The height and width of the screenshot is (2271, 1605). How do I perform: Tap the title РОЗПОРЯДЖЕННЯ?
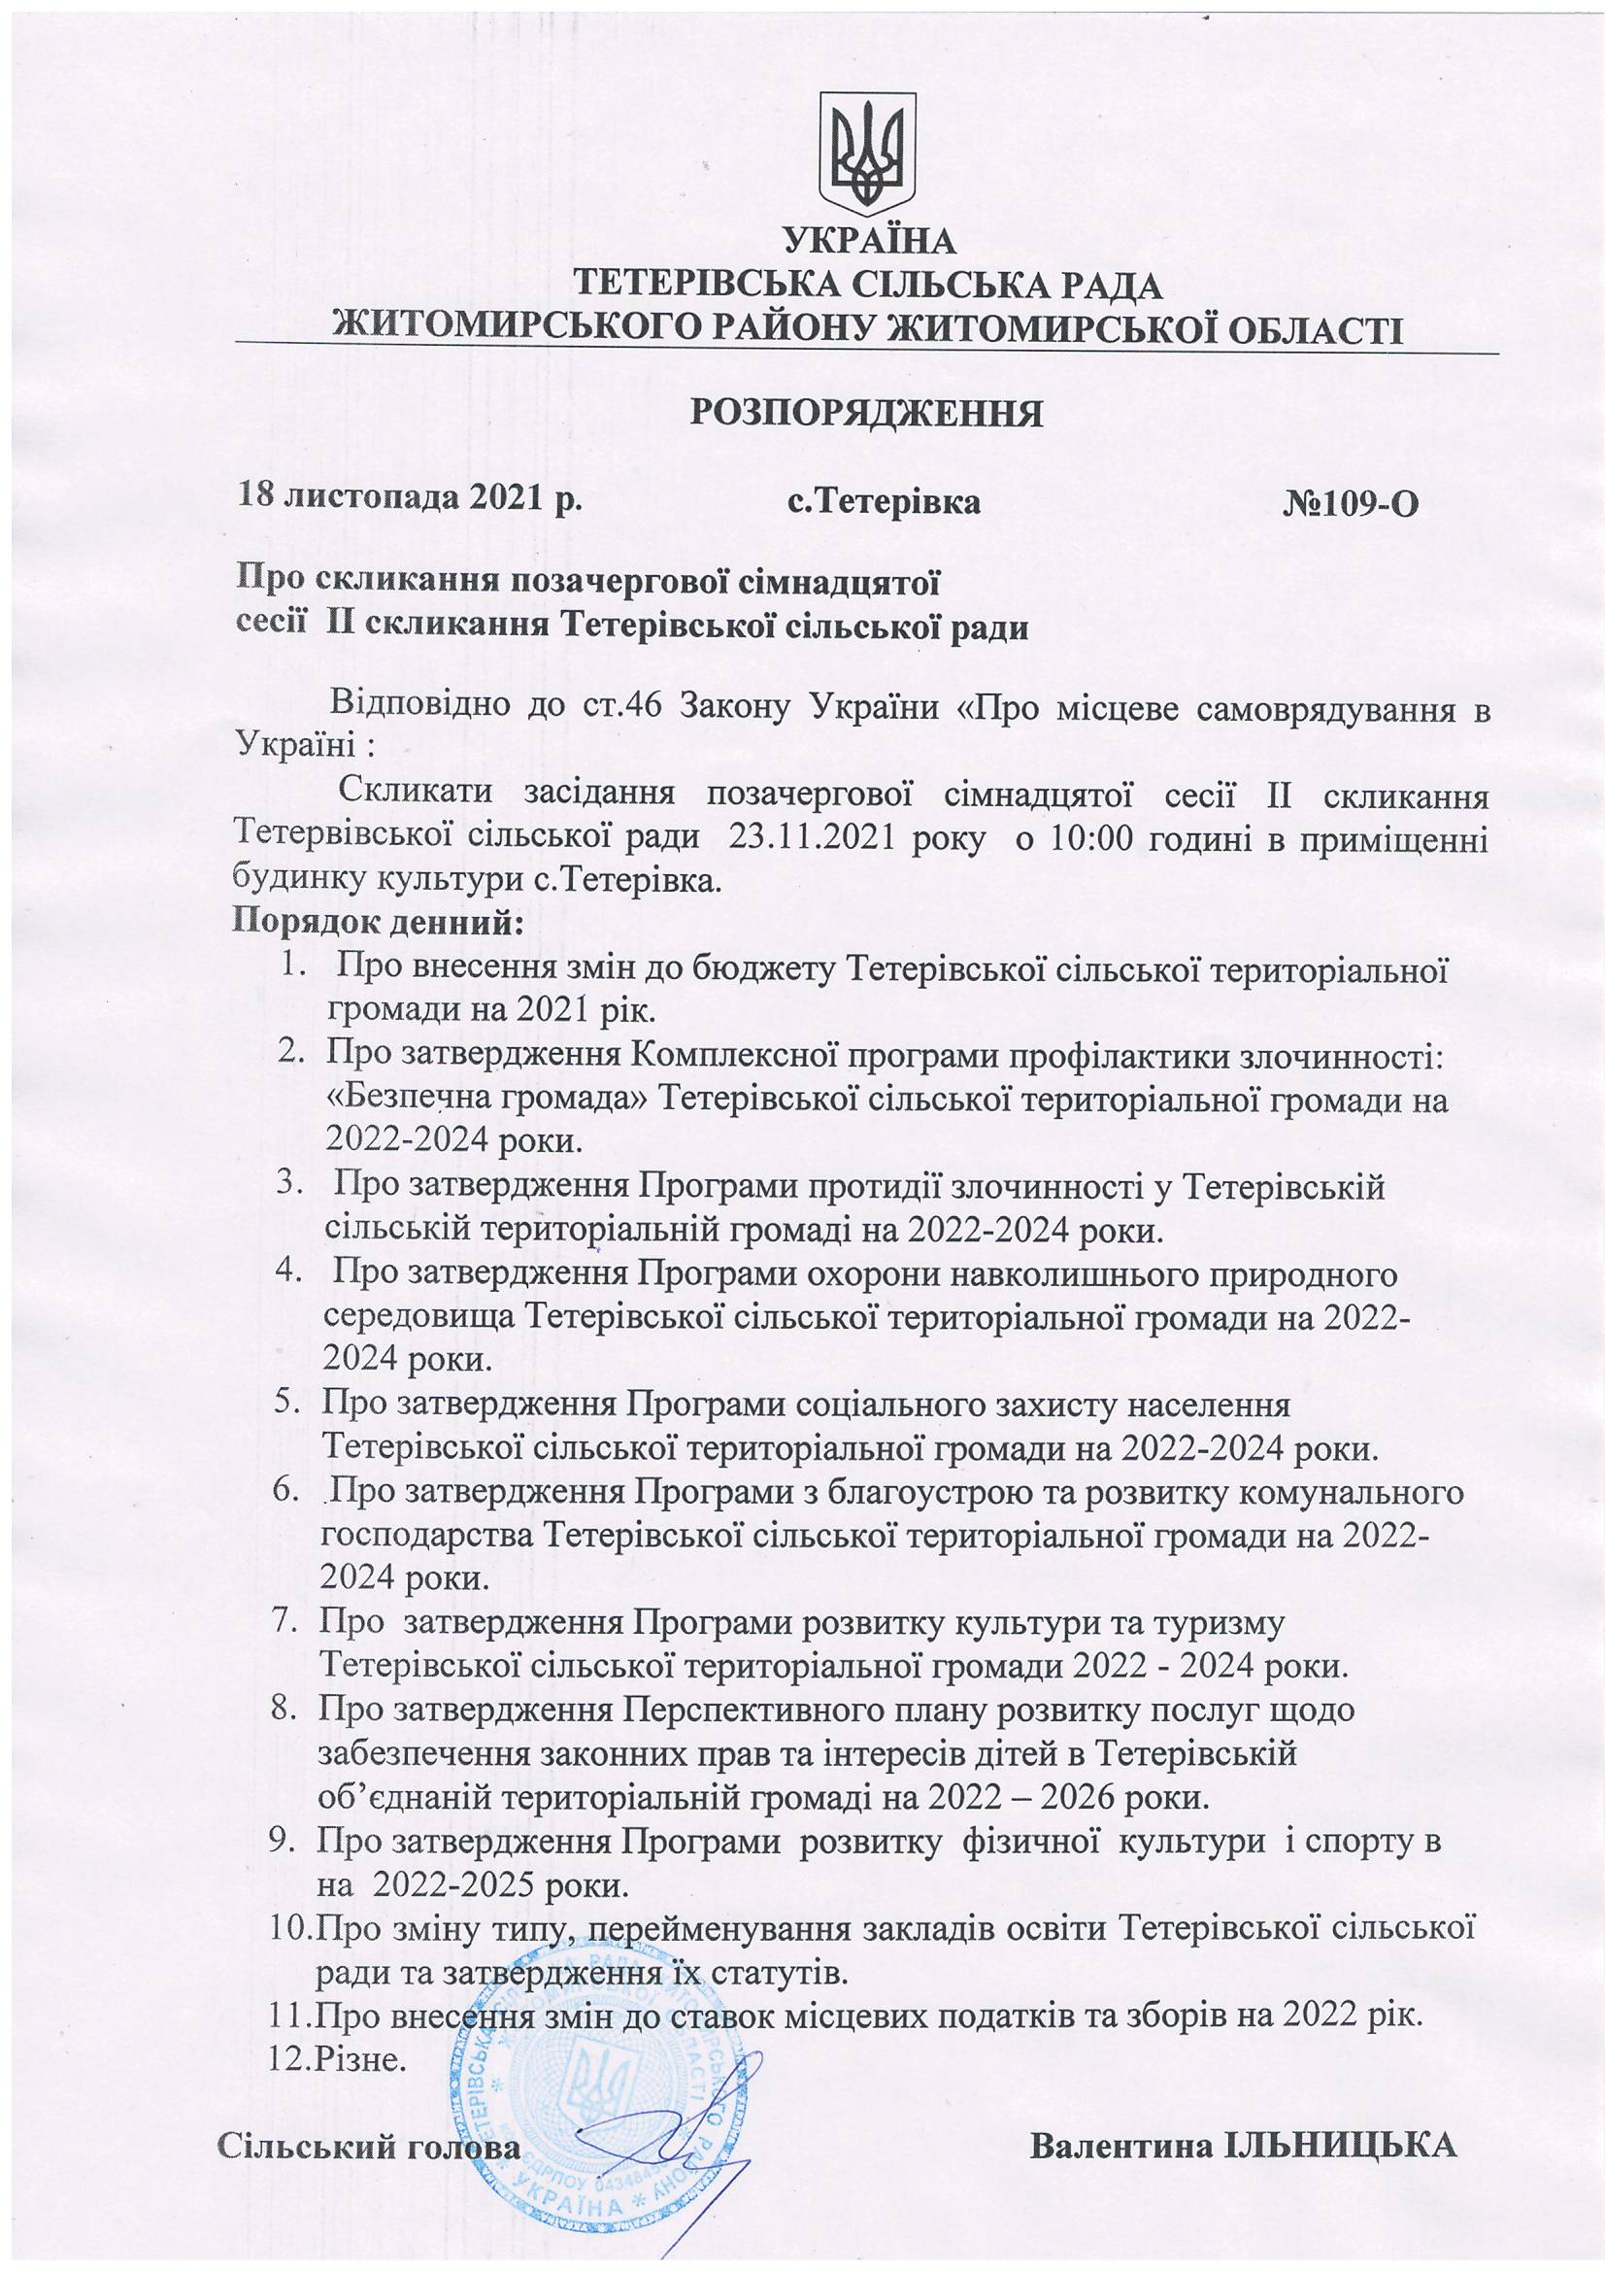pos(866,414)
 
